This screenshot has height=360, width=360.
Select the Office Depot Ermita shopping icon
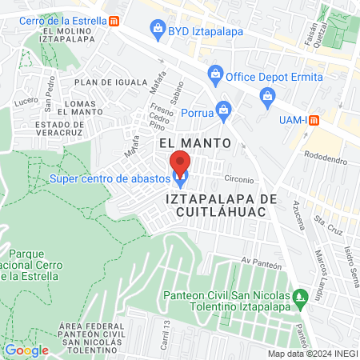click(x=214, y=76)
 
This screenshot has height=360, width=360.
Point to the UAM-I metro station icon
click(x=314, y=120)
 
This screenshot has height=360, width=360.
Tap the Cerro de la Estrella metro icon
click(x=115, y=19)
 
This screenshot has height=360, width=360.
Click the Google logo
click(x=26, y=349)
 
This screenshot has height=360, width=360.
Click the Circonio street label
click(x=238, y=179)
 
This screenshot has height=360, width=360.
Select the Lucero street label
click(x=26, y=101)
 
